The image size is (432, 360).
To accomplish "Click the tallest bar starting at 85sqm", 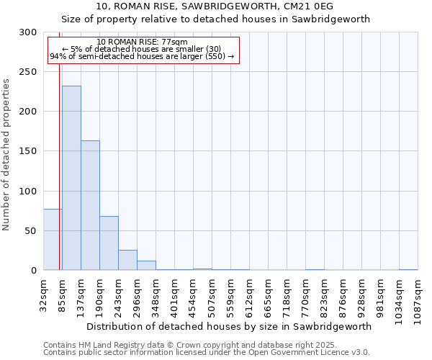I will pos(71,178).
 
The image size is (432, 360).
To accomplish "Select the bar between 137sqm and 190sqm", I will pos(90,205).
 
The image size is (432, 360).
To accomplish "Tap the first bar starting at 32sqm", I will pos(53,239).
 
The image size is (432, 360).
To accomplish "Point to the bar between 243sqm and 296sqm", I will pos(127,260).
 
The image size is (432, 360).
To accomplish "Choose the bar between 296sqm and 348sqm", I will pos(146,265).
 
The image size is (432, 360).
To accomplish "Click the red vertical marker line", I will pos(59,158).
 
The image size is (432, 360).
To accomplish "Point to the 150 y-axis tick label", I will pos(28,151).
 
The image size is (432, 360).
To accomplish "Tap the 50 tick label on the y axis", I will pos(31,231).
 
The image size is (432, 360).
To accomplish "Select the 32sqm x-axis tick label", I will pos(43,294).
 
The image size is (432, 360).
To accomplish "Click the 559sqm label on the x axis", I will pos(230,294).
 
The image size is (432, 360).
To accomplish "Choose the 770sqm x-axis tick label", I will pos(305,294).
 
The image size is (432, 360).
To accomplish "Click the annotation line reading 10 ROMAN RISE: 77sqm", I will pos(142,42).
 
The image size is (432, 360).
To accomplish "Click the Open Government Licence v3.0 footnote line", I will pos(207,353).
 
